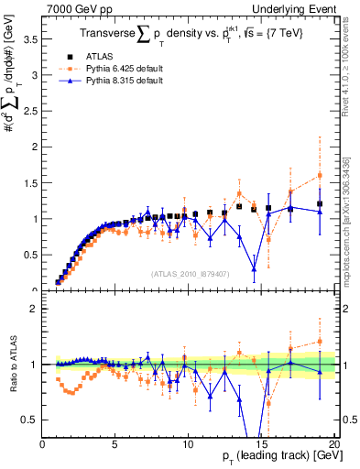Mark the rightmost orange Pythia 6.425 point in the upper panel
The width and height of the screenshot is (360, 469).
click(x=320, y=175)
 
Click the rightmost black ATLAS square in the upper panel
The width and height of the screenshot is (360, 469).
click(x=320, y=204)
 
